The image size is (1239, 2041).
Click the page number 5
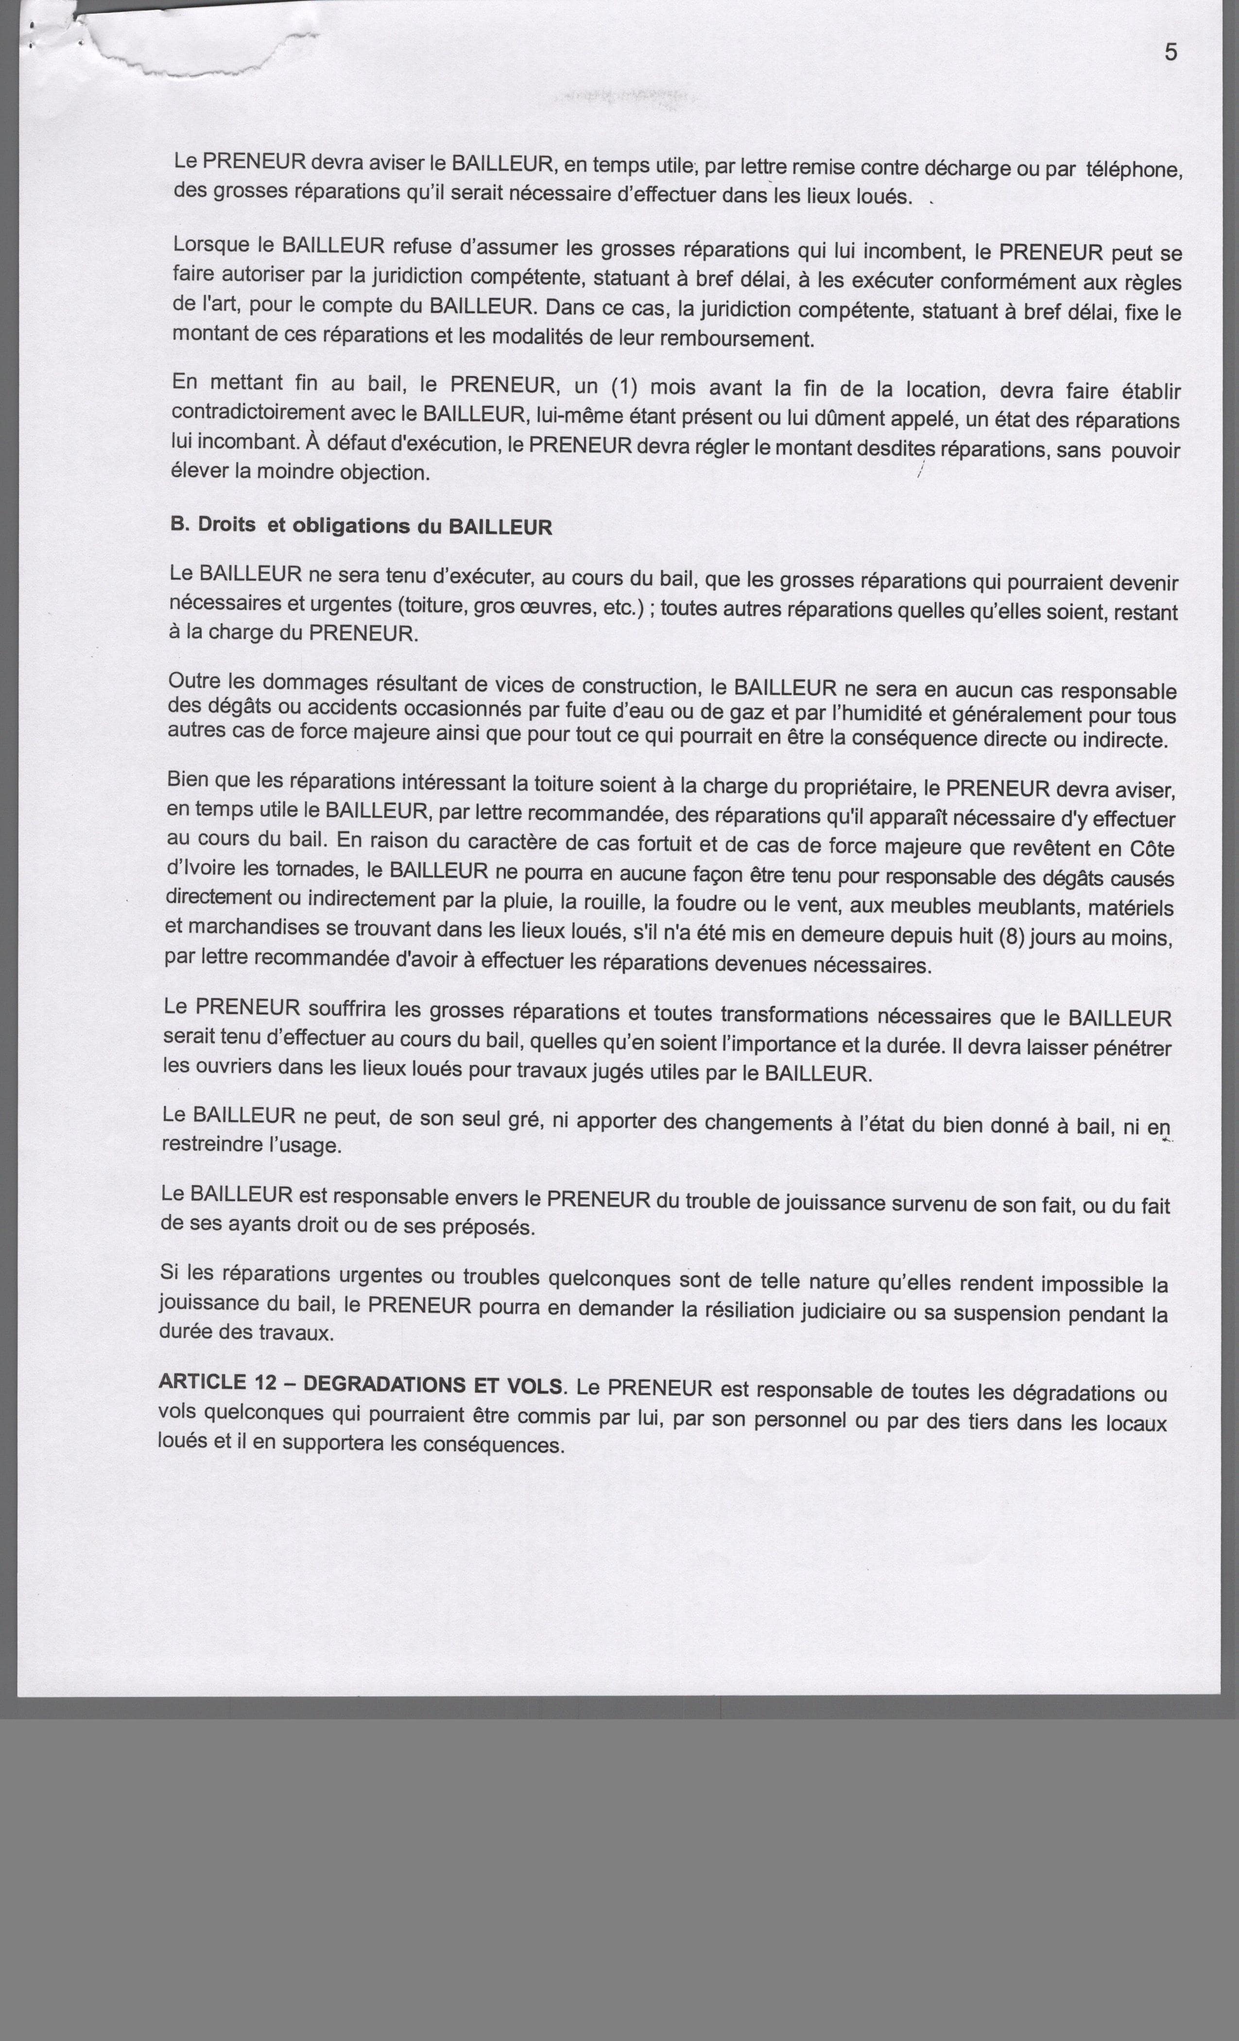1170,52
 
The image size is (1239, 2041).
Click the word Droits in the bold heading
226,525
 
